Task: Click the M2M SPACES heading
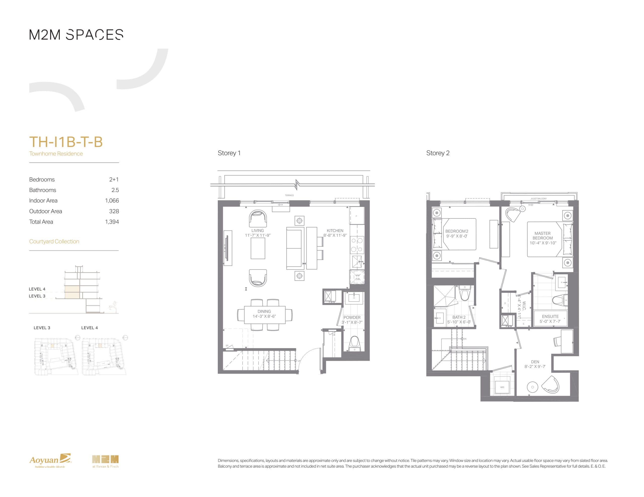(x=76, y=35)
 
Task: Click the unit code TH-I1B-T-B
(x=66, y=142)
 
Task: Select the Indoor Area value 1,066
(x=112, y=200)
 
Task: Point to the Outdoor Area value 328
(x=114, y=211)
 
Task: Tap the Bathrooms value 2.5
(x=115, y=190)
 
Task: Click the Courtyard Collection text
(x=54, y=241)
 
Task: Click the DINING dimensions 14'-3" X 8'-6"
(x=264, y=316)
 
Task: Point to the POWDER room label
(x=352, y=317)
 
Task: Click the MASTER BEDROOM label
(x=543, y=236)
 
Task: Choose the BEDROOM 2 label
(x=457, y=231)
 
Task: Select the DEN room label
(x=535, y=362)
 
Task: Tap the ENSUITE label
(x=550, y=316)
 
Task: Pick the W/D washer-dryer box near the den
(x=502, y=387)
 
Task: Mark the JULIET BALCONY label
(x=538, y=199)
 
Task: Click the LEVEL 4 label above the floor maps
(x=89, y=328)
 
